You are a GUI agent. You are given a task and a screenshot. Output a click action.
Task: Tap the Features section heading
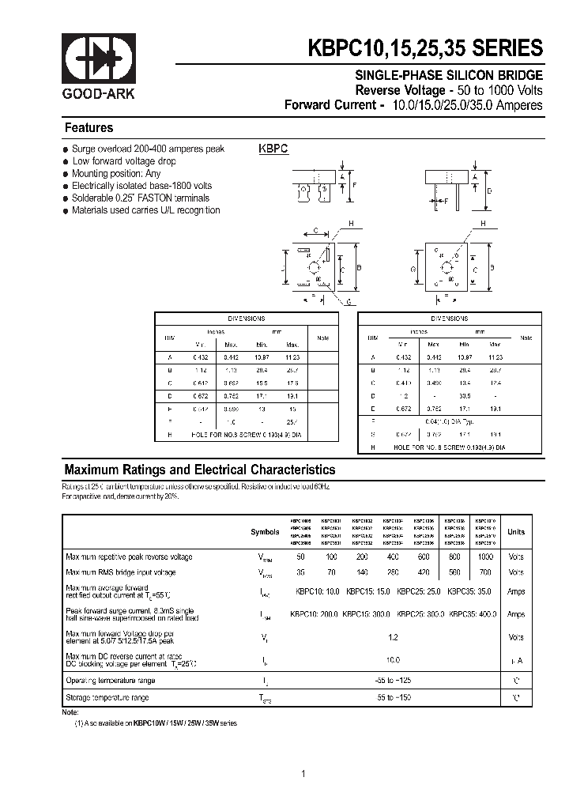89,127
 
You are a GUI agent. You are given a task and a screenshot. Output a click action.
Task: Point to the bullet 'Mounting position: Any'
116,173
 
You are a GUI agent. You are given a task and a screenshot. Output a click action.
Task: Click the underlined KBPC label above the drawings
273,148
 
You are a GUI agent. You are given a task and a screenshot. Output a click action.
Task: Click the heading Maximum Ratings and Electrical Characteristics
199,469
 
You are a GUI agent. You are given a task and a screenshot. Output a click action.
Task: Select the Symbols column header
265,532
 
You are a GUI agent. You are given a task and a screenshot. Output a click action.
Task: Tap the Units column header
515,532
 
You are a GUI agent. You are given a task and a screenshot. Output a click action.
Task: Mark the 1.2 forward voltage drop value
393,636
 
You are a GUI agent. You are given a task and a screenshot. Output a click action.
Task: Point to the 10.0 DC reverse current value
393,659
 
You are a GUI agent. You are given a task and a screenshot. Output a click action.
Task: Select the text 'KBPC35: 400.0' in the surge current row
473,614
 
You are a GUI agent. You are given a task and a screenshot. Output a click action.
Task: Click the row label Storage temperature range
107,697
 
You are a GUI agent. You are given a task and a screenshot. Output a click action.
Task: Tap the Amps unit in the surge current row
515,614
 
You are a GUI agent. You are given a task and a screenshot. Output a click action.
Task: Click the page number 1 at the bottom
303,774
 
